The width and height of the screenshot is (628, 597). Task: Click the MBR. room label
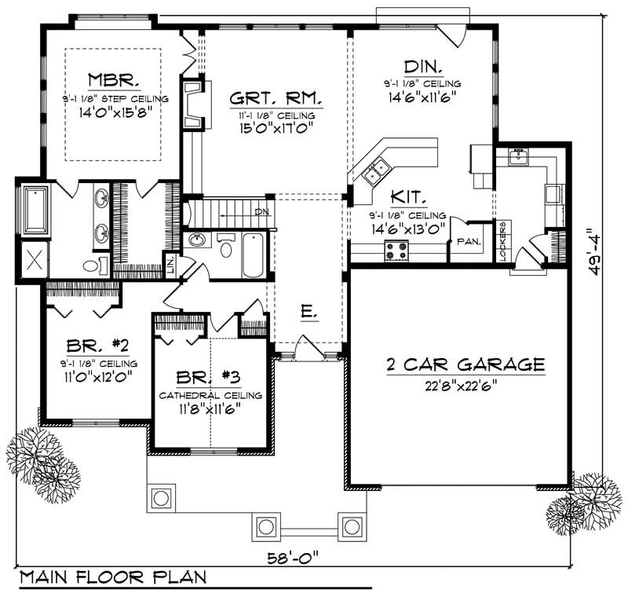(x=114, y=80)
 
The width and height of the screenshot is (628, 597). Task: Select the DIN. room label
(x=422, y=66)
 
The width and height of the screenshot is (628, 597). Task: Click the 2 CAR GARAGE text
(x=465, y=364)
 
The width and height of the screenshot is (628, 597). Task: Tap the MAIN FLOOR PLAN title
(x=113, y=578)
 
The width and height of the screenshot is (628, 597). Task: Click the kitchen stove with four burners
(x=396, y=251)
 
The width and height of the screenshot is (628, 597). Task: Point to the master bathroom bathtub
(x=34, y=209)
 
